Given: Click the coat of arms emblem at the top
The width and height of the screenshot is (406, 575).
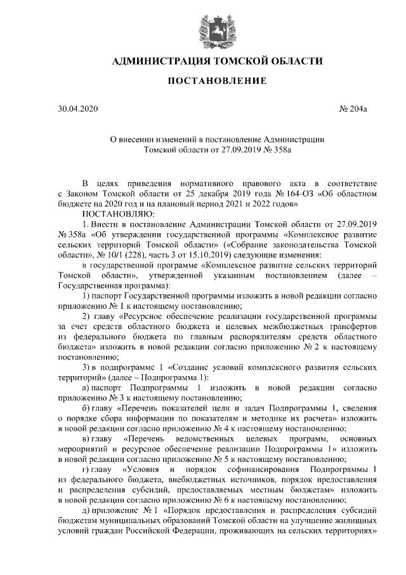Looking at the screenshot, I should [x=203, y=30].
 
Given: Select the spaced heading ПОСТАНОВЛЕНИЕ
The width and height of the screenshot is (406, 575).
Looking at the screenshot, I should [x=203, y=82].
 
